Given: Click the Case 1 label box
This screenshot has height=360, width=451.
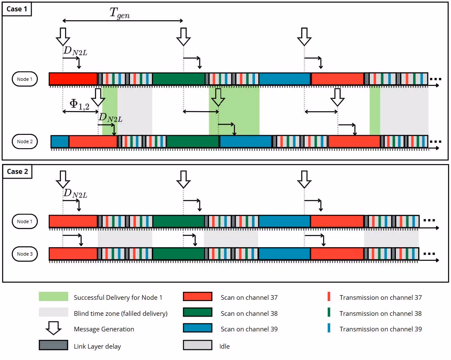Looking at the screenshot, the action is point(17,9).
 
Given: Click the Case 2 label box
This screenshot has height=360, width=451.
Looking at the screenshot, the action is point(17,171).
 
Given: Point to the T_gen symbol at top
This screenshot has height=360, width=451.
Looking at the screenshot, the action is point(119,13).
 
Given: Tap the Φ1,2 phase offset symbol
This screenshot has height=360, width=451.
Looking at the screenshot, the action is point(80,104).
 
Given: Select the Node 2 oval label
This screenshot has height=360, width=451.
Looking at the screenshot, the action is point(25,141).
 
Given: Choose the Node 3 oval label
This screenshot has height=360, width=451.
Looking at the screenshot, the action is point(25,254).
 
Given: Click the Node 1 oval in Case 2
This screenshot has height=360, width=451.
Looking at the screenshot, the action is point(25,221).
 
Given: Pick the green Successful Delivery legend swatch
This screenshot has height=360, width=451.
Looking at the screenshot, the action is point(53,297).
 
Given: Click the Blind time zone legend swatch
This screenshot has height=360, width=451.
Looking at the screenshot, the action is point(53,312).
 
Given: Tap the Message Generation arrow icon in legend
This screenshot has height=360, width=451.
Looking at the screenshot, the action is point(53,328).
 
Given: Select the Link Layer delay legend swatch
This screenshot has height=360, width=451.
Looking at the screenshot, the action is point(53,345).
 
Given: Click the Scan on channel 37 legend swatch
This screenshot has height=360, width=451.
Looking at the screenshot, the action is point(198,297).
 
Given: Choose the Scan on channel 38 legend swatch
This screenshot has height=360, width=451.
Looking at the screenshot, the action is point(198,312).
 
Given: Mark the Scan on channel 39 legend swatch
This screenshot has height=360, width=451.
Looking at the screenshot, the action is point(198,328).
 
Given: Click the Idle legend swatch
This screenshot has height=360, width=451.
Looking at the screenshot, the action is point(198,345).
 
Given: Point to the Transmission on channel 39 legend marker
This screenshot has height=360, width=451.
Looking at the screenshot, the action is point(329,328).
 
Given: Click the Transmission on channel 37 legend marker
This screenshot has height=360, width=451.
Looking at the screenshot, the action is point(329,296).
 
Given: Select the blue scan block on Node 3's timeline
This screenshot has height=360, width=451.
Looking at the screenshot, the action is point(284,253).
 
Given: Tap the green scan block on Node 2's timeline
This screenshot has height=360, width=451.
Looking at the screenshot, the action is point(192,141).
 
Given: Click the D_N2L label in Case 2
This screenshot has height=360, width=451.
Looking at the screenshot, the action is point(75,193).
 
